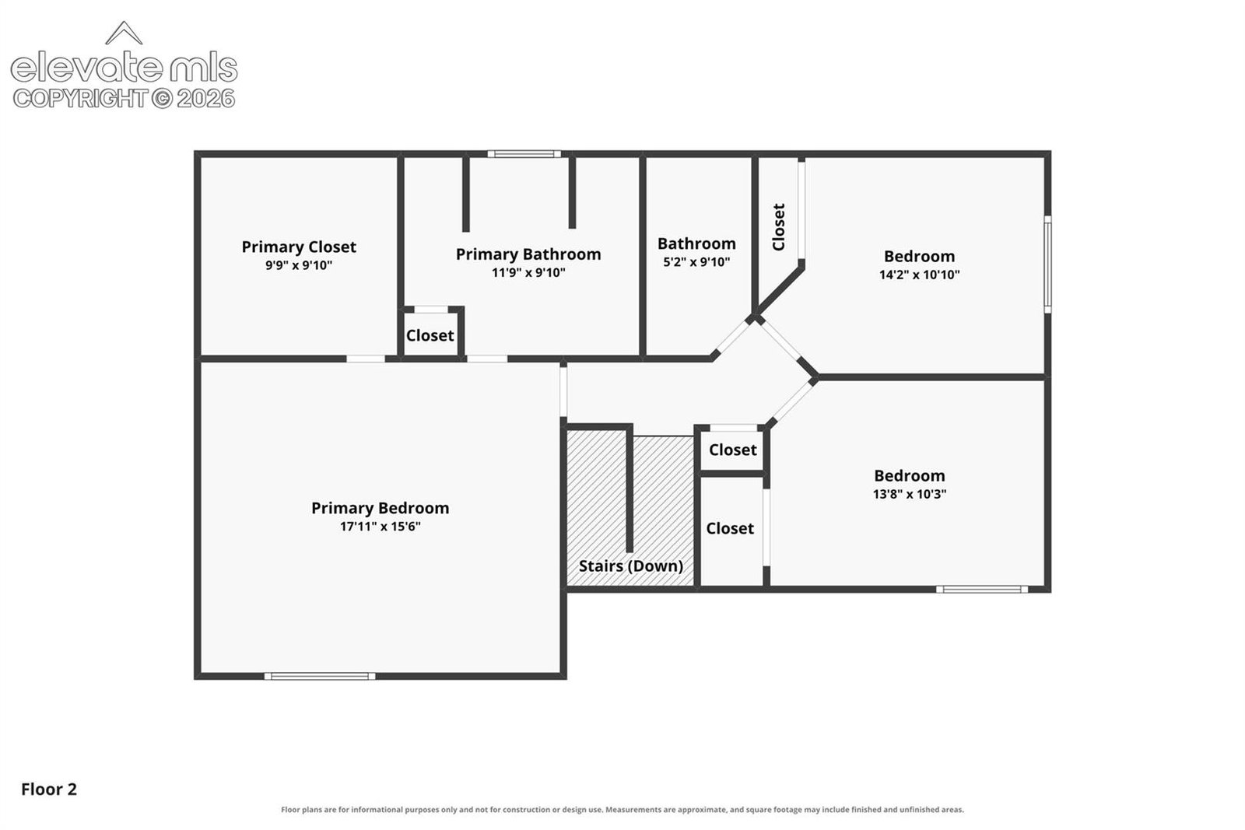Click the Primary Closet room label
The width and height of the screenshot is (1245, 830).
299,247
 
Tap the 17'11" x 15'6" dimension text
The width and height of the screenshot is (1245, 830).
381,526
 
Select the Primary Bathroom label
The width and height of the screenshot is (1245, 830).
528,254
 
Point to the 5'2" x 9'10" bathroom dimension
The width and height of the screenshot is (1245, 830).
696,261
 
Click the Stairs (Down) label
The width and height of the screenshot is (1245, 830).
631,566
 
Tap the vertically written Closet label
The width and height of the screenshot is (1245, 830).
779,226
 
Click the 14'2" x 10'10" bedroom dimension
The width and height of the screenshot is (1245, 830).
919,275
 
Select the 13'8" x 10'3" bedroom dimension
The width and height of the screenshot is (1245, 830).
910,494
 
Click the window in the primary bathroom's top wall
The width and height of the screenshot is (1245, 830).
524,154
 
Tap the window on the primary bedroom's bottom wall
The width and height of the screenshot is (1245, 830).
320,676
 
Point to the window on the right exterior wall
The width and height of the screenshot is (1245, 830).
1047,264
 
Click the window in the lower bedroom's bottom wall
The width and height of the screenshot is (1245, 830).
982,590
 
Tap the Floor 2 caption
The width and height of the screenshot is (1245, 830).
49,790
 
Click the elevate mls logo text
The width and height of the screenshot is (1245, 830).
124,68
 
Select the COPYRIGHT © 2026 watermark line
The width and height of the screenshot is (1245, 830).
124,99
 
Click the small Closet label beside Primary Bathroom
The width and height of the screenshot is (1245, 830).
430,335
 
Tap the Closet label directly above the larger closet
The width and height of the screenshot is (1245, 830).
732,450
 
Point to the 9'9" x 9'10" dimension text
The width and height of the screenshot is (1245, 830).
299,265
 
